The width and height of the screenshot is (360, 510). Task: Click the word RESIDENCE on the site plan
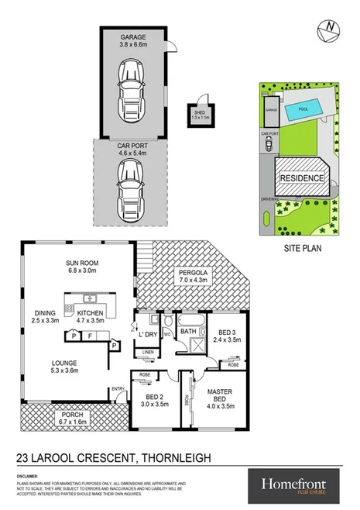tap(303, 177)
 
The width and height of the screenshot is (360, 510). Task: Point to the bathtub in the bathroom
tap(188, 319)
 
